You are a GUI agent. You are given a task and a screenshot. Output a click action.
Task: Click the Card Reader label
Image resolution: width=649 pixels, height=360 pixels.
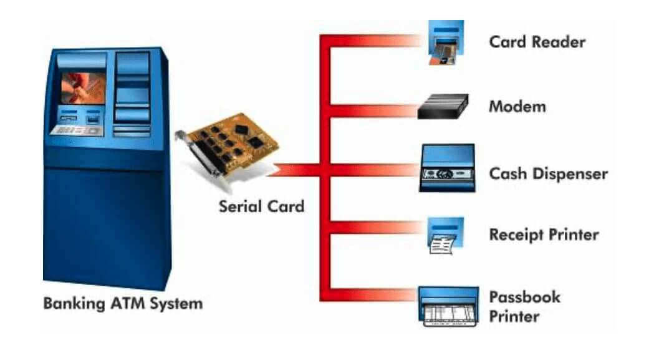[537, 42]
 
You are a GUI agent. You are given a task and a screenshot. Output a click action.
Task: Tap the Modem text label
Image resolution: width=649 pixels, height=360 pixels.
[517, 107]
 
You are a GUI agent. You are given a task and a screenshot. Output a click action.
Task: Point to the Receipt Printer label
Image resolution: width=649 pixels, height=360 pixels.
[544, 235]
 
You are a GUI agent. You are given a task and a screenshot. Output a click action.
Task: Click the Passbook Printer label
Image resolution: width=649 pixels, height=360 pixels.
[524, 306]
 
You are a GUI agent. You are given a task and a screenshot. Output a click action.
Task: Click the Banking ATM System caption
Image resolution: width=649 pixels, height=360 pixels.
[123, 304]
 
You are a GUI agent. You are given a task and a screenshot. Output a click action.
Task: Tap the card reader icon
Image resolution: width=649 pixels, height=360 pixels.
[446, 42]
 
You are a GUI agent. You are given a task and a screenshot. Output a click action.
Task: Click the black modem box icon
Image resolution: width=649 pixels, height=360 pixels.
[443, 107]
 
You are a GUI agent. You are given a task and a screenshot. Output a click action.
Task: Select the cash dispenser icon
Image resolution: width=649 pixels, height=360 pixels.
[447, 167]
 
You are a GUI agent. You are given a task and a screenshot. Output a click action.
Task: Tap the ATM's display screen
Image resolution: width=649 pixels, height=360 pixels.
[82, 88]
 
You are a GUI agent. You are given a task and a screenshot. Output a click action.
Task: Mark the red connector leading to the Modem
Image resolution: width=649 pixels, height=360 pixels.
[374, 111]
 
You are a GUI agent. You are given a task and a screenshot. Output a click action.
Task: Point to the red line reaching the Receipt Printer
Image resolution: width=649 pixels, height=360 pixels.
[374, 227]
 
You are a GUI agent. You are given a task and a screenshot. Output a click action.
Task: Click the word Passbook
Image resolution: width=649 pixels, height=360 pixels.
[524, 296]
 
